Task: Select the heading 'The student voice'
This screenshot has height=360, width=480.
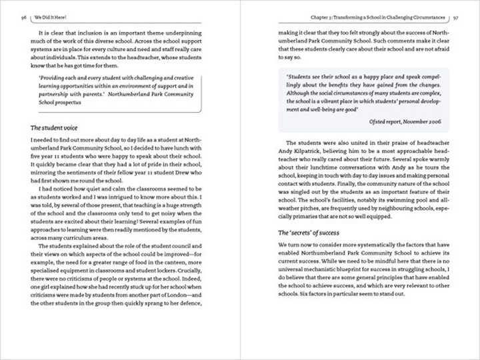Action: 56,127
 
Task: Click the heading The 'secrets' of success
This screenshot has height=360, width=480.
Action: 308,233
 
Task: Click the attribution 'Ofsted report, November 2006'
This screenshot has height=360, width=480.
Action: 405,121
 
